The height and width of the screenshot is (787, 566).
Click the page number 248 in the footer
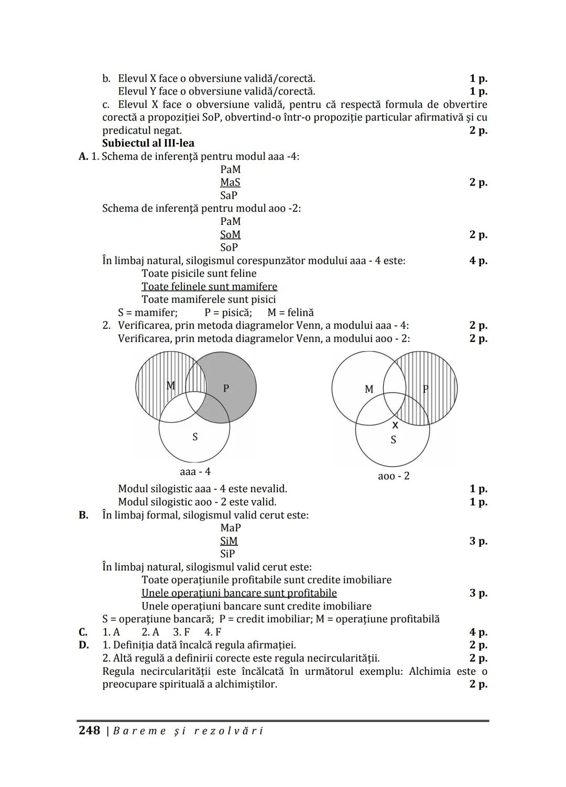tap(89, 730)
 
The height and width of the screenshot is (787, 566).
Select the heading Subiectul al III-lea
tap(148, 143)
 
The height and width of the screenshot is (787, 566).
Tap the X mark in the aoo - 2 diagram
tap(395, 425)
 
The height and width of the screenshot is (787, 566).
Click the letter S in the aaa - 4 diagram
tap(195, 437)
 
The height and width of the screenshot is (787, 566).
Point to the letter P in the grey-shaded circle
tap(226, 389)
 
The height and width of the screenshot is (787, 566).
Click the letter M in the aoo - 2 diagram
tap(369, 389)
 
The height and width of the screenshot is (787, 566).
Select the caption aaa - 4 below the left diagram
tap(195, 471)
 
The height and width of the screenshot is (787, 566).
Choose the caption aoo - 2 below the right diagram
tap(394, 476)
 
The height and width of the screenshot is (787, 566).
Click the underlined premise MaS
tap(230, 182)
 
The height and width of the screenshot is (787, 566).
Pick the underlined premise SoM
tap(230, 234)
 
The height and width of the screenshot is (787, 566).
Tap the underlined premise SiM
tap(228, 541)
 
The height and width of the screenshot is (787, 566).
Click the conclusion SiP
tap(227, 554)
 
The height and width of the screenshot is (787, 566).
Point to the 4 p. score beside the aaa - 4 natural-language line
tap(478, 261)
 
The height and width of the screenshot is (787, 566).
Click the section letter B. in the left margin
tap(84, 515)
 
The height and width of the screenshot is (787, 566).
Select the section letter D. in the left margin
tap(84, 645)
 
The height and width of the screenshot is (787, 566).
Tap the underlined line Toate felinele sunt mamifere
tap(209, 287)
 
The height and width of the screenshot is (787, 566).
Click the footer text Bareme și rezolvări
tap(189, 731)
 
